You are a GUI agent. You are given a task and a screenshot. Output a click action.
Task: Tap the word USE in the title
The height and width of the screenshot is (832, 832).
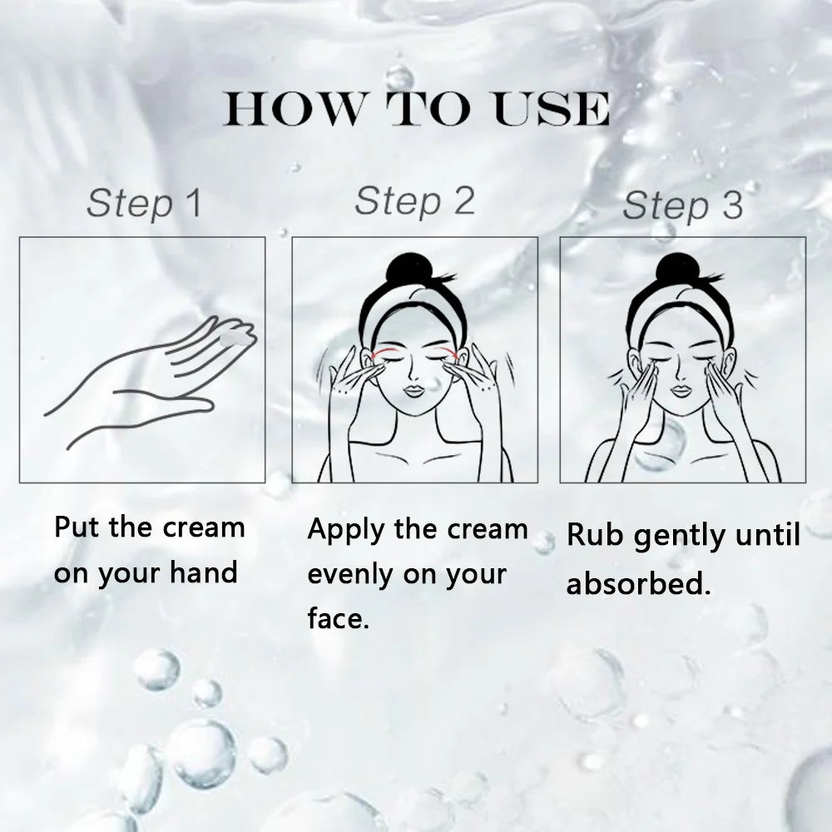tap(552, 109)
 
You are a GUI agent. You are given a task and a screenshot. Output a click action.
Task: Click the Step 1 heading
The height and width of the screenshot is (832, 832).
tap(144, 203)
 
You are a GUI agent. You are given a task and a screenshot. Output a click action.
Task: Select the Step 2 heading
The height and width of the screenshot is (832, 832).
tap(414, 201)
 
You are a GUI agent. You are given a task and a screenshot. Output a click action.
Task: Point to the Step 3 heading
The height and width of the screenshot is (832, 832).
tap(682, 206)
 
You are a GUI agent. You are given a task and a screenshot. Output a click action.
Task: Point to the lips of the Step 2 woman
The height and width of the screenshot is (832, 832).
tap(414, 391)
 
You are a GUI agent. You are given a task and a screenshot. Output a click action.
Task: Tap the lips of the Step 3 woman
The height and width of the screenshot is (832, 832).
tap(682, 390)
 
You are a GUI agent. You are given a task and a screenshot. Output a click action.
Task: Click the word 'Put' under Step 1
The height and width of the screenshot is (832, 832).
tap(78, 527)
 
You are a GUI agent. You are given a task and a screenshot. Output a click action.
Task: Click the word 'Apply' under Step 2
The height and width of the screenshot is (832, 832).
tap(345, 531)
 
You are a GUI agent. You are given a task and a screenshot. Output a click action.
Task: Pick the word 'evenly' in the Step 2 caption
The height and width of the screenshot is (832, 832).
tap(350, 576)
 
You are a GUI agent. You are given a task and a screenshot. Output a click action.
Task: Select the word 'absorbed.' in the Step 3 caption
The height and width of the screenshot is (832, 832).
tap(638, 583)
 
